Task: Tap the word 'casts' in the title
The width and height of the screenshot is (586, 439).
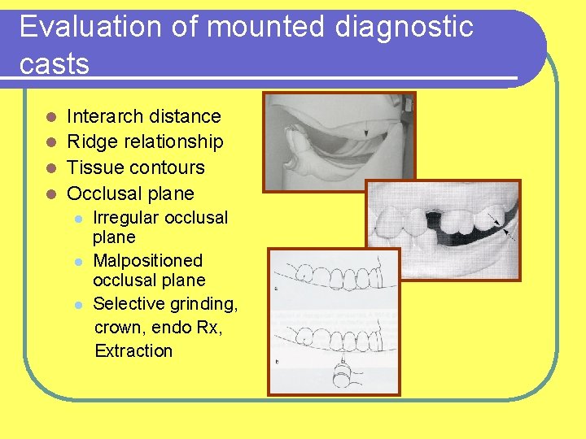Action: pos(55,64)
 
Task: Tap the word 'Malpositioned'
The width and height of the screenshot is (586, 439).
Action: pos(147,261)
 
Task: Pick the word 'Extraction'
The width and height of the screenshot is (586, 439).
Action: pos(134,351)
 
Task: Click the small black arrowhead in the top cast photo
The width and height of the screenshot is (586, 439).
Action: pos(366,133)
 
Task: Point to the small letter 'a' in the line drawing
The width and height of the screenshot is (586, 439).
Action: pos(278,289)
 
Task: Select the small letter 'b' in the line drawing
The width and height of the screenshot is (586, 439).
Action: pos(278,358)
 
